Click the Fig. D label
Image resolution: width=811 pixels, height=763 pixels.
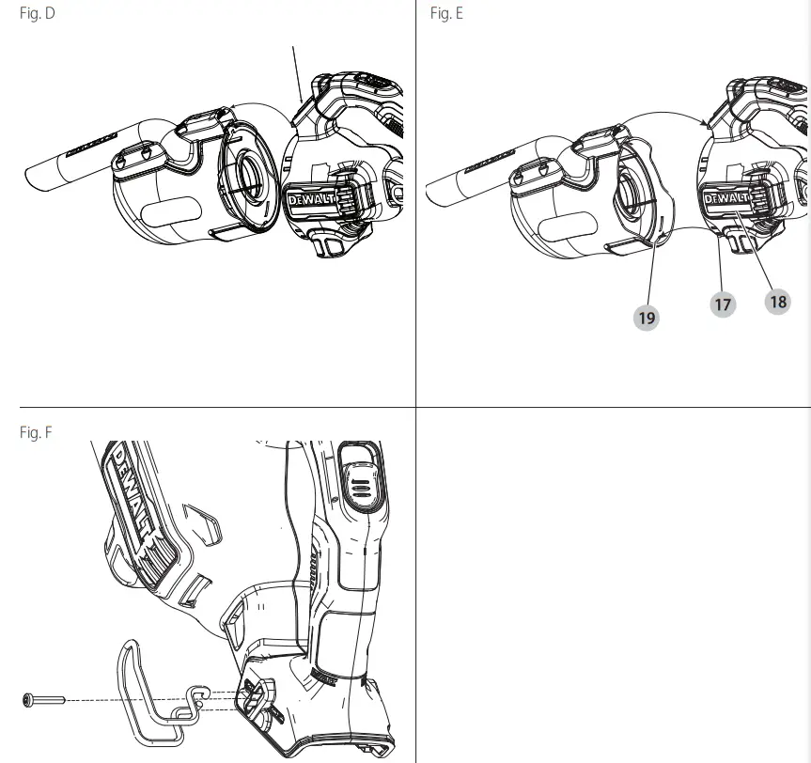pyautogui.click(x=38, y=15)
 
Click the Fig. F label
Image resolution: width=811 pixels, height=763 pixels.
pyautogui.click(x=37, y=432)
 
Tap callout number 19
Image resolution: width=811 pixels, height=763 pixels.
pyautogui.click(x=647, y=318)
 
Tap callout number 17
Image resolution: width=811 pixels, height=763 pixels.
pyautogui.click(x=723, y=304)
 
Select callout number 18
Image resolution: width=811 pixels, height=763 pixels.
pyautogui.click(x=777, y=302)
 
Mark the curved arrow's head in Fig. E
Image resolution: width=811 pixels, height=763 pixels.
pyautogui.click(x=707, y=122)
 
